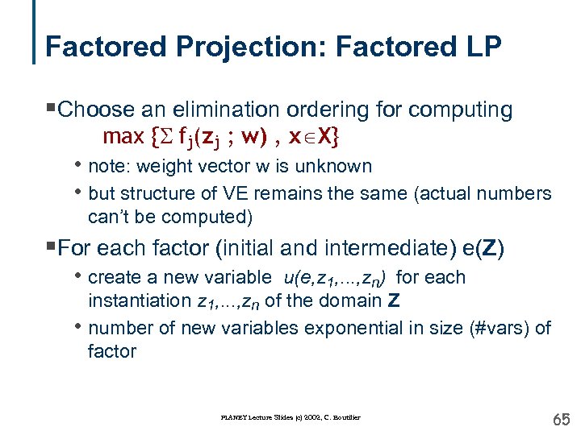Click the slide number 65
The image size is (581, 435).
[560, 418]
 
